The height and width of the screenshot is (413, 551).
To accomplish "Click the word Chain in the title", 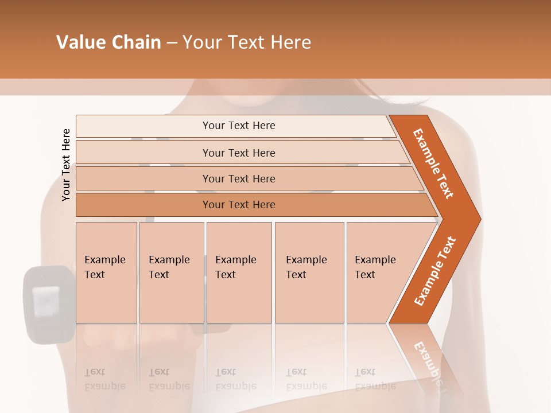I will point(136,42).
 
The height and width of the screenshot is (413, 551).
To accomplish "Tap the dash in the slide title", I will point(172,43).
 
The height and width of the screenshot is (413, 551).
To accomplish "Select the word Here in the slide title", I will point(290,42).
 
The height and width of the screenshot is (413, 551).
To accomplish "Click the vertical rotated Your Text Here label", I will point(66,165).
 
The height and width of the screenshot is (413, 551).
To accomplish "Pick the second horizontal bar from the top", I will point(239,153).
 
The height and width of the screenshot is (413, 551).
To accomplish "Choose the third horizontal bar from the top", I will point(239,178).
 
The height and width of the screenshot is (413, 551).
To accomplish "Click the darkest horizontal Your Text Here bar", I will point(239,205).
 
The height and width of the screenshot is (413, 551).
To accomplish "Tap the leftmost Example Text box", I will point(106,272).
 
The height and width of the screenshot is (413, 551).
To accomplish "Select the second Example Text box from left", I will point(172,272).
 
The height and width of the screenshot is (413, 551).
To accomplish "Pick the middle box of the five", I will point(239,272).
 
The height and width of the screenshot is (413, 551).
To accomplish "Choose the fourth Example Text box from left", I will point(309,272).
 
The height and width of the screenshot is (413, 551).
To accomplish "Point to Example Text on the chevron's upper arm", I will point(433,163).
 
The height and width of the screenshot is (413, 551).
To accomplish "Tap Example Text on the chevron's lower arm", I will point(434,271).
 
